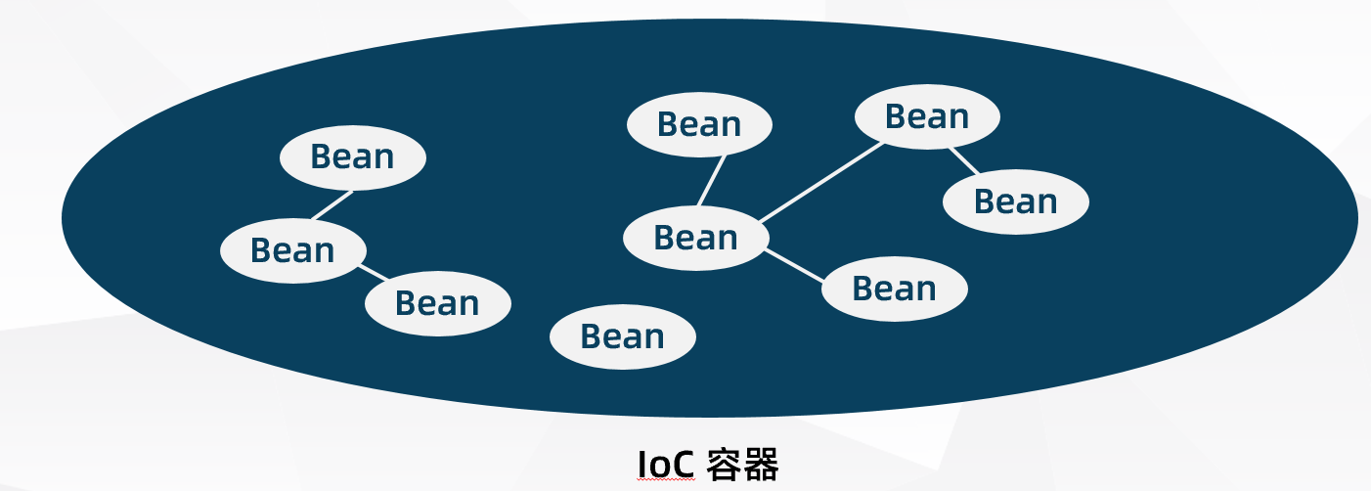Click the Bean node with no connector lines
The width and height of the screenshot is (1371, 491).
click(623, 336)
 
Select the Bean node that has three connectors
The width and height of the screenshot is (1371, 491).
click(696, 238)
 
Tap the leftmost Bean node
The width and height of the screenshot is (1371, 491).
click(293, 250)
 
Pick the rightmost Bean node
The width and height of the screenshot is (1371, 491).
click(1016, 202)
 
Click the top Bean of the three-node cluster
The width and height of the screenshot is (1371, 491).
click(353, 157)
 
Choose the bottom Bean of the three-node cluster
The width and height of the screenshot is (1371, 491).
click(438, 303)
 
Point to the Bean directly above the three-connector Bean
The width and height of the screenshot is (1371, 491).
click(699, 124)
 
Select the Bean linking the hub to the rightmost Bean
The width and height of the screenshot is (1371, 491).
click(927, 116)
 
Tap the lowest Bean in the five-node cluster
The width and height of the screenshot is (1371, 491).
click(894, 289)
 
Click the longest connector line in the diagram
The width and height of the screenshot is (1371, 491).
click(821, 182)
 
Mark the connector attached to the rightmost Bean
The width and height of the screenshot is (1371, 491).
click(964, 160)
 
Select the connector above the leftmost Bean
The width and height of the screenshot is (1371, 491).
click(332, 205)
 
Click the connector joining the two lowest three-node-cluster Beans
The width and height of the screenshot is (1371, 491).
click(373, 273)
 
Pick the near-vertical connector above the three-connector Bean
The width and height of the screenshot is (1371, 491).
click(713, 181)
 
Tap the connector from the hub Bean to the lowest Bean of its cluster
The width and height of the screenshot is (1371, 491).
click(794, 266)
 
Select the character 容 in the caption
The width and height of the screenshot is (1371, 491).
click(725, 465)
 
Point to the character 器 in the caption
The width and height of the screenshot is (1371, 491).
click(762, 465)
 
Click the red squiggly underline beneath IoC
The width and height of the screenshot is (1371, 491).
click(666, 480)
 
